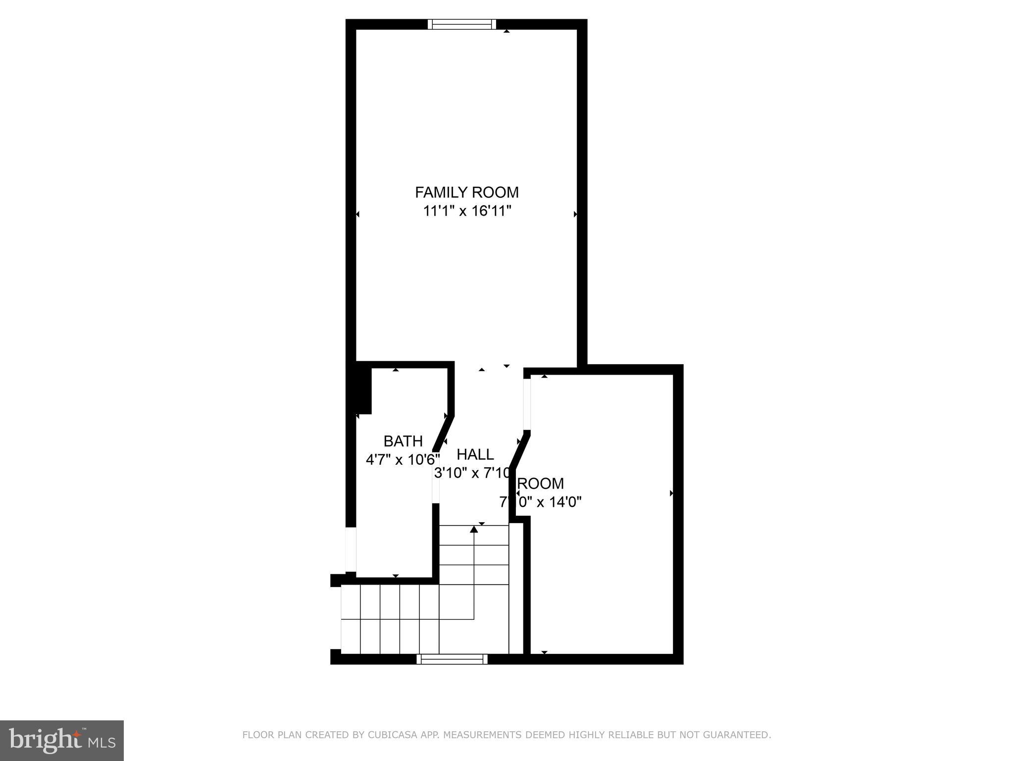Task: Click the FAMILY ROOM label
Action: pyautogui.click(x=466, y=192)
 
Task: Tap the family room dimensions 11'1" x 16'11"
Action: pyautogui.click(x=466, y=211)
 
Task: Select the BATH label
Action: pyautogui.click(x=403, y=441)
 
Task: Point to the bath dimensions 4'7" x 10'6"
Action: pyautogui.click(x=402, y=460)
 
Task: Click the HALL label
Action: pyautogui.click(x=475, y=454)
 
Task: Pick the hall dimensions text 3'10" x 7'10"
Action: pyautogui.click(x=472, y=473)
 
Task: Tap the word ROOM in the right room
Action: pyautogui.click(x=540, y=483)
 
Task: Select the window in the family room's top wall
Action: pyautogui.click(x=461, y=24)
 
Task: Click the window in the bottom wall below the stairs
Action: pyautogui.click(x=452, y=659)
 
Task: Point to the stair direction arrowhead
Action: pyautogui.click(x=474, y=529)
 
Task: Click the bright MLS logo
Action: pyautogui.click(x=62, y=741)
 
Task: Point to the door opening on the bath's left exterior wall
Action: pyautogui.click(x=351, y=549)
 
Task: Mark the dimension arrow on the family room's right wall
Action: pyautogui.click(x=575, y=214)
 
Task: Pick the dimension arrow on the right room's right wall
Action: pyautogui.click(x=671, y=493)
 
